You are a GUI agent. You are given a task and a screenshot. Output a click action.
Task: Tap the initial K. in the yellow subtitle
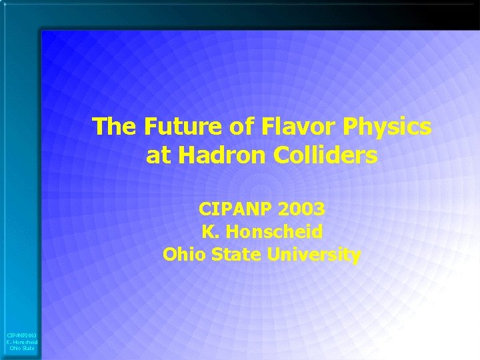[209, 232]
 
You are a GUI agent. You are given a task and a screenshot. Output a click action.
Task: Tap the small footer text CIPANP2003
[21, 335]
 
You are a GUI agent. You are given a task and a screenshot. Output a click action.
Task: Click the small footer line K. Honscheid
[21, 342]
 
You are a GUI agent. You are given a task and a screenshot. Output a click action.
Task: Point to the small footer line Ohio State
[22, 348]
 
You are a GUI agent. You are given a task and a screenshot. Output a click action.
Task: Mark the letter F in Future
[135, 125]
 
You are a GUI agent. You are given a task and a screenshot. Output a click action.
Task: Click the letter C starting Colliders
[280, 156]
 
